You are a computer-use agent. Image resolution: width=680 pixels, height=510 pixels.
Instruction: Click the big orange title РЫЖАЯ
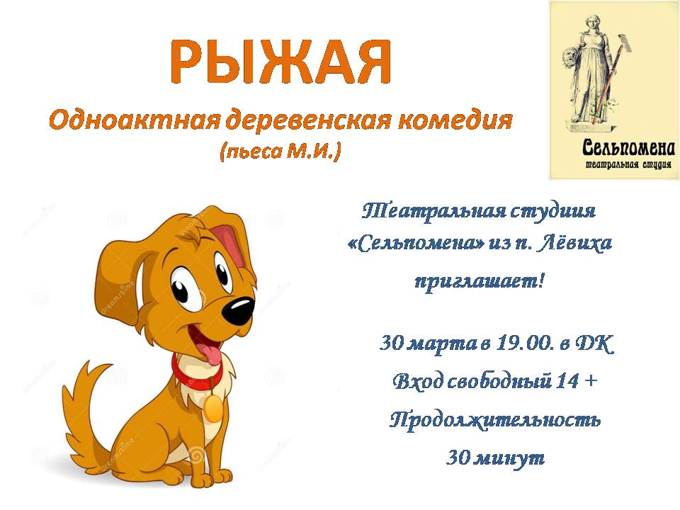[280, 62]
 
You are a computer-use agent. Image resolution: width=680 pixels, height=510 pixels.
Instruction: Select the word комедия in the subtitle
[455, 120]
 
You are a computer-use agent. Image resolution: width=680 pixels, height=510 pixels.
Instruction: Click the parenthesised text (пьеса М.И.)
[280, 152]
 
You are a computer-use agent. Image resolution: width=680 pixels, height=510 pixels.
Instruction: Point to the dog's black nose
[238, 311]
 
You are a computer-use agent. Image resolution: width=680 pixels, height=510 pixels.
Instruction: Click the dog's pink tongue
[211, 353]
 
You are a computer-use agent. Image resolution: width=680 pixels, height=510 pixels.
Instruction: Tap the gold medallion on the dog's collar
[213, 408]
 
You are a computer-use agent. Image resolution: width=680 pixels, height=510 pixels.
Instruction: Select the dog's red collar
[195, 376]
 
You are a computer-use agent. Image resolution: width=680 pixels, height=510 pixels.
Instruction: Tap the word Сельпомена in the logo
[628, 148]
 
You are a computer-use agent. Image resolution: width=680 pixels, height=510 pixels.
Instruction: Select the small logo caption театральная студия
[628, 164]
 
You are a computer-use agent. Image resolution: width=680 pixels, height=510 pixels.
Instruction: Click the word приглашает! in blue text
[480, 281]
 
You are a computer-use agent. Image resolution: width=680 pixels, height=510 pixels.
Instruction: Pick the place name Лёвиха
[574, 243]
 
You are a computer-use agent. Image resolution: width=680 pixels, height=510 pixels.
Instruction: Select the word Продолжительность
[495, 419]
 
